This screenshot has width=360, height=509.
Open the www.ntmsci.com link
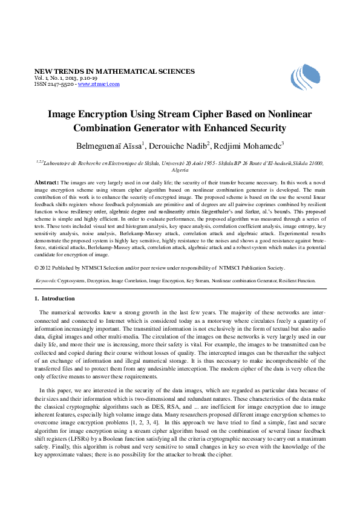coord(99,84)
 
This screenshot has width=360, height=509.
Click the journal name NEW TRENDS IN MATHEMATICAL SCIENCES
coord(114,71)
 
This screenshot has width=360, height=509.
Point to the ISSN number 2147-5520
coord(61,84)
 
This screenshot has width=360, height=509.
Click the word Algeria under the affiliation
coord(180,170)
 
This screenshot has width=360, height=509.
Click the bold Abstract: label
coord(47,182)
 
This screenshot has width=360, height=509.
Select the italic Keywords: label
coord(47,280)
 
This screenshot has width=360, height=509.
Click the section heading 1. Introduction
coord(54,299)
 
